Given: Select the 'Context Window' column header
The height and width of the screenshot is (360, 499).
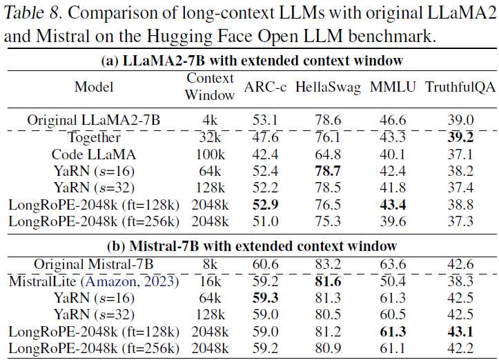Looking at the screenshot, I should coord(210,87).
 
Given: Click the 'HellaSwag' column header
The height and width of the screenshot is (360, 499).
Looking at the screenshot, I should coord(328,88).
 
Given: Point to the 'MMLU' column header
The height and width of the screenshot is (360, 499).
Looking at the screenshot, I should coord(392,88).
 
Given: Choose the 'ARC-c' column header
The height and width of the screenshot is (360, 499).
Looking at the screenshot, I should coord(265,88).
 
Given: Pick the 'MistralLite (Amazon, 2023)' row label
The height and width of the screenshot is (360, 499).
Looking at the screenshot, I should coord(94,281).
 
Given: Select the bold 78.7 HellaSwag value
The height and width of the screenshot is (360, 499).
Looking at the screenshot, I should coord(328,170).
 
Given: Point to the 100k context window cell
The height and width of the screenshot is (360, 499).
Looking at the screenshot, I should coord(210,154).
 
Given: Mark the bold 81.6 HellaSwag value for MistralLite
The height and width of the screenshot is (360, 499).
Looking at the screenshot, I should coord(328,281).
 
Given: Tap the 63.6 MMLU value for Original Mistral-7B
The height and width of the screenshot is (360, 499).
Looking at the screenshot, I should coord(392,264).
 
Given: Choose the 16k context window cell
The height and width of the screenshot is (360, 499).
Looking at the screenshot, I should coord(210,281).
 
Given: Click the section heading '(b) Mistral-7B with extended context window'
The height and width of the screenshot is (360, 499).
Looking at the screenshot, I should coord(249,246).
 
